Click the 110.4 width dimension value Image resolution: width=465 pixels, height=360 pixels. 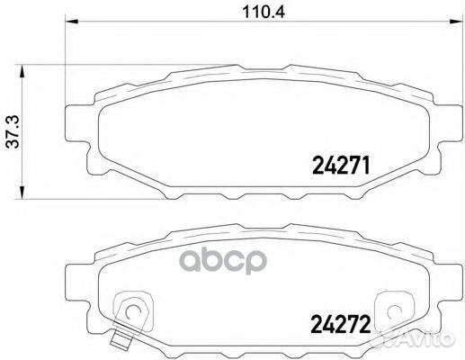tap(245, 13)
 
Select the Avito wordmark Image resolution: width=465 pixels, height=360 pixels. tap(437, 338)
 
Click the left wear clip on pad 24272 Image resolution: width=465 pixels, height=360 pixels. tap(132, 312)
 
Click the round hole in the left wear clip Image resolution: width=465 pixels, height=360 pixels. tap(132, 314)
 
